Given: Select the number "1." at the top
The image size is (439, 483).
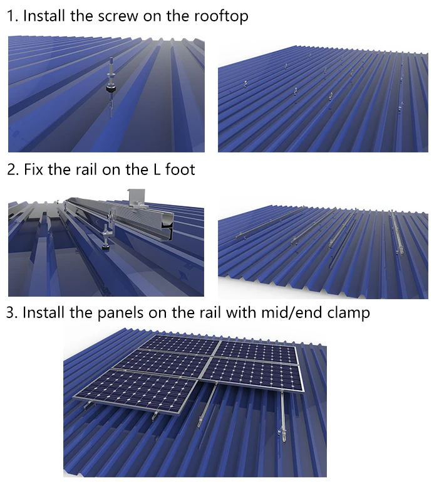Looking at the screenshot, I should pyautogui.click(x=12, y=16).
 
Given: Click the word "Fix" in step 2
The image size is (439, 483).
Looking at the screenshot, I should pyautogui.click(x=33, y=169).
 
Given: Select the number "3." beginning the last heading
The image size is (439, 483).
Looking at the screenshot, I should pyautogui.click(x=12, y=312).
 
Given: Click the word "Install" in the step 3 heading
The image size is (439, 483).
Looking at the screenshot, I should pyautogui.click(x=44, y=312).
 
